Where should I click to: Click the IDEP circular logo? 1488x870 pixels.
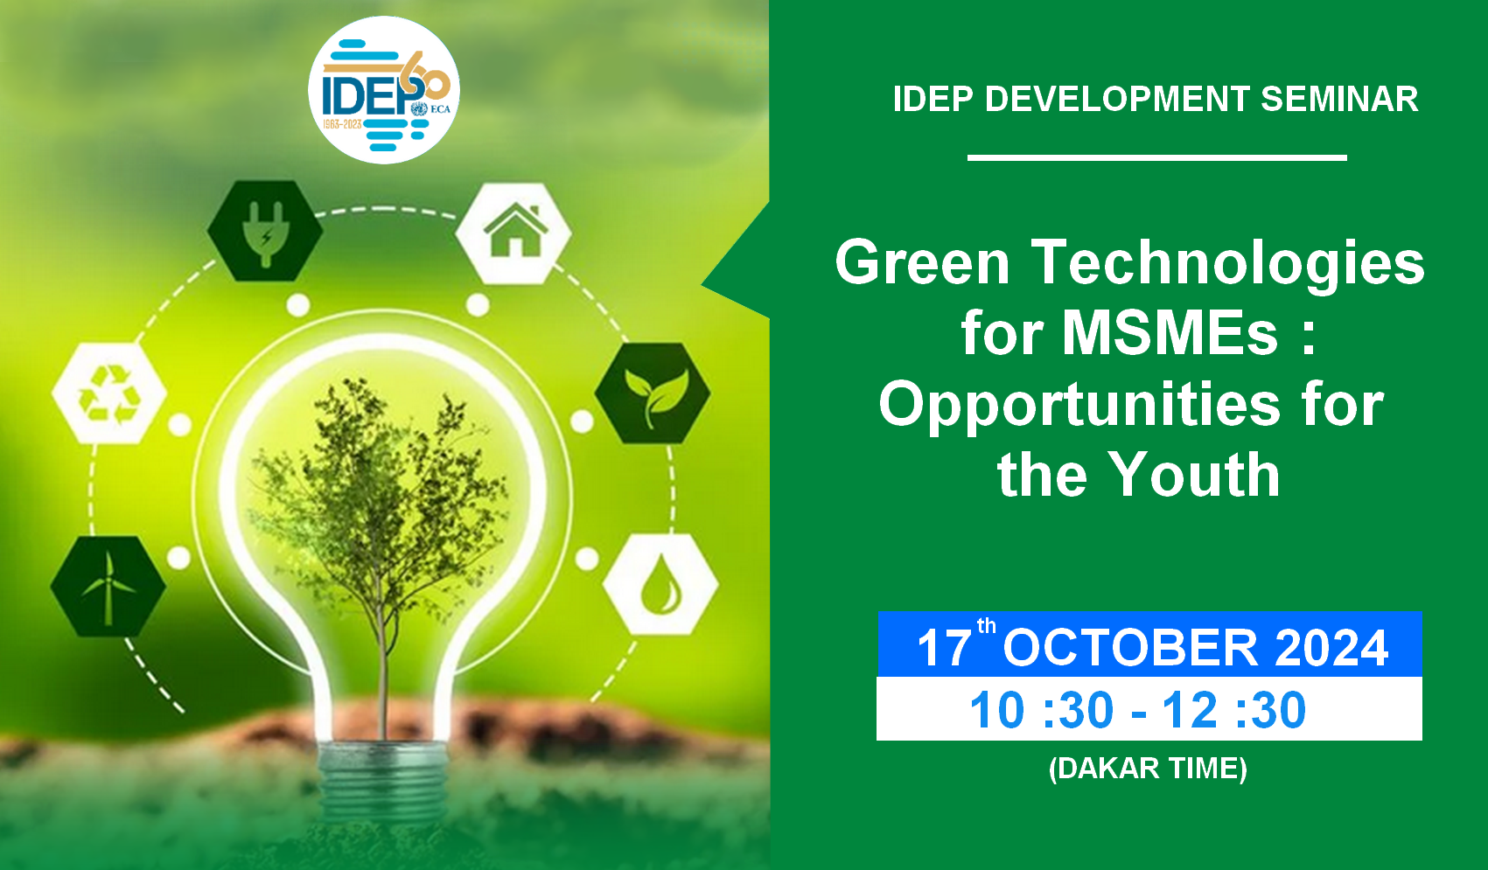(384, 90)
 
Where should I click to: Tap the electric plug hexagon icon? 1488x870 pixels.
(265, 231)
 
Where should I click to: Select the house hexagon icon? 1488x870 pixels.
(513, 233)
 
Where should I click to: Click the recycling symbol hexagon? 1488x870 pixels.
(109, 393)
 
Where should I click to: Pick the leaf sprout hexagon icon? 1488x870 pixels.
(653, 393)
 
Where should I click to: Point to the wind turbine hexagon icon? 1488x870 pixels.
(108, 587)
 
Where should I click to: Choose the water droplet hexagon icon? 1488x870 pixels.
(661, 584)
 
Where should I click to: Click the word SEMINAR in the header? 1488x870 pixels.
(1339, 99)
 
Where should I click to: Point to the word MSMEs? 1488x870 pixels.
(1170, 333)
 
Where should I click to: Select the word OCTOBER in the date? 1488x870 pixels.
(1130, 648)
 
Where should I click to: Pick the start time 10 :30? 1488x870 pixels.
(1041, 710)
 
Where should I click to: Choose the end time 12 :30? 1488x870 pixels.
(1233, 710)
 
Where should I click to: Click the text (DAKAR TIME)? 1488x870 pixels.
(1148, 769)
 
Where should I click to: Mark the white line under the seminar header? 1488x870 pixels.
(1156, 157)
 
